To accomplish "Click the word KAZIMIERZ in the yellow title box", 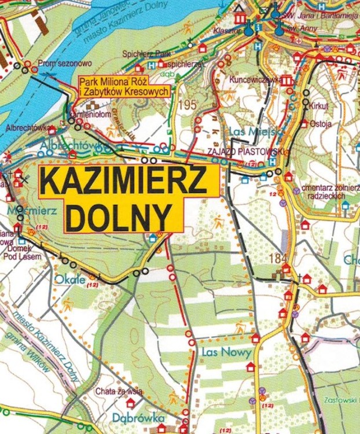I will (124, 183).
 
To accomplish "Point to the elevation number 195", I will (188, 105).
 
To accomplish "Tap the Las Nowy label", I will (227, 352).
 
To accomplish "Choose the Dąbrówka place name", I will (139, 418).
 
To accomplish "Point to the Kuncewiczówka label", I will (255, 79).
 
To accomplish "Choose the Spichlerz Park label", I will (142, 53).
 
